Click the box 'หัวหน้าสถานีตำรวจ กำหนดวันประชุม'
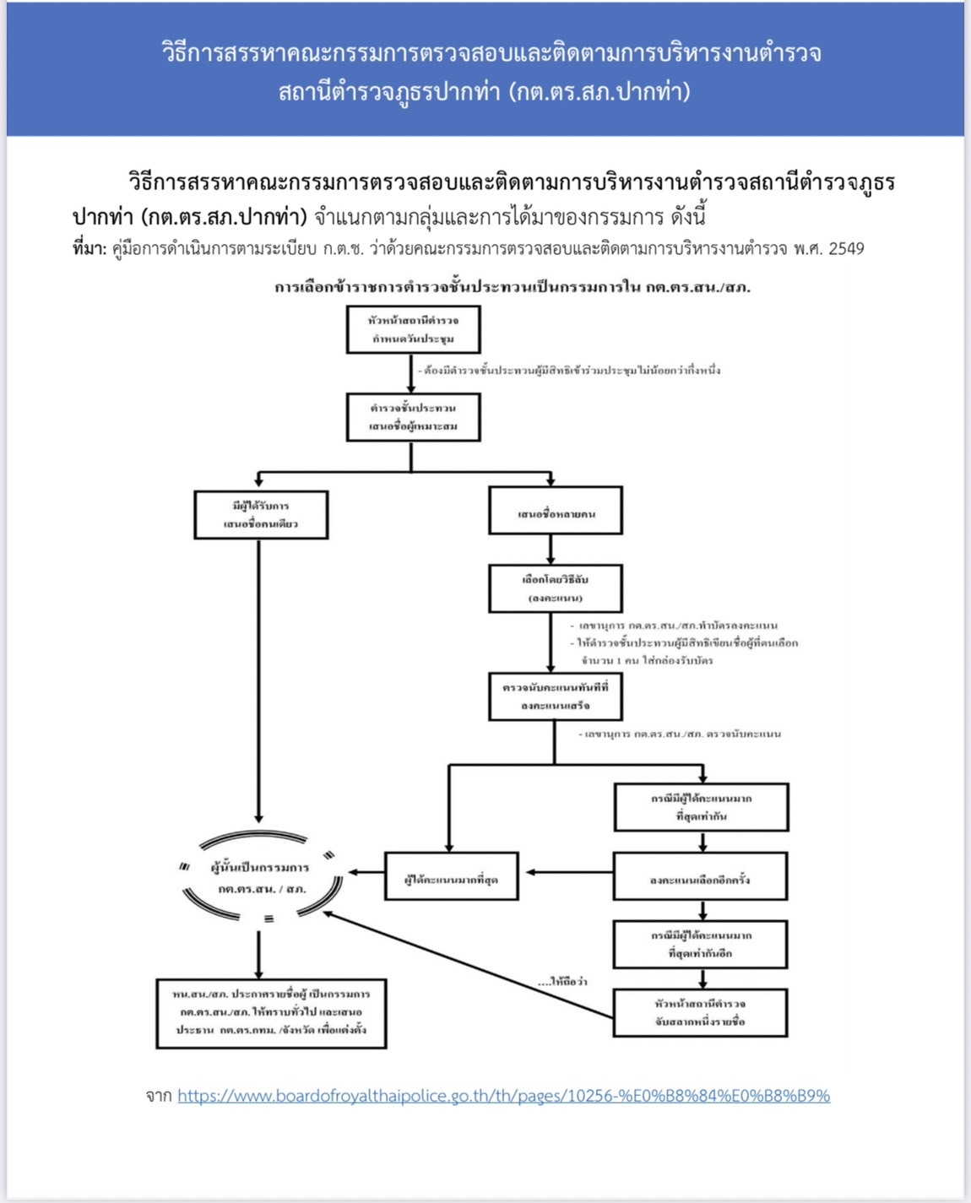413,329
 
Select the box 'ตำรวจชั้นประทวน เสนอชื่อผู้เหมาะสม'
413,417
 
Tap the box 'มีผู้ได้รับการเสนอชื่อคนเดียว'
261,514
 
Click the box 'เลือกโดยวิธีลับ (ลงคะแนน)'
556,588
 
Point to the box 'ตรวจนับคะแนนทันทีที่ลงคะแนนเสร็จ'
555,696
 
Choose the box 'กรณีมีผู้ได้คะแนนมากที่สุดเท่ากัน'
701,807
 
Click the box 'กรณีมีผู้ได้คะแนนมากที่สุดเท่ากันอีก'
700,944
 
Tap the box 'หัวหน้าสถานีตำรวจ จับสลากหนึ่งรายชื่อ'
700,1012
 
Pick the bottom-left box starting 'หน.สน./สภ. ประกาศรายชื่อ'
271,1013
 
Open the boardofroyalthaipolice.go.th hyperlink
503,1096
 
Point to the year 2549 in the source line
846,249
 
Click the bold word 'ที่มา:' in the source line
90,249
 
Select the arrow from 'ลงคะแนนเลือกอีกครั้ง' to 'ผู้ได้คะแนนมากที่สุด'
566,873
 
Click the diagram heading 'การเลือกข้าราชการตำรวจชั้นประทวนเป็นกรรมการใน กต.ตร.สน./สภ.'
513,287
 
